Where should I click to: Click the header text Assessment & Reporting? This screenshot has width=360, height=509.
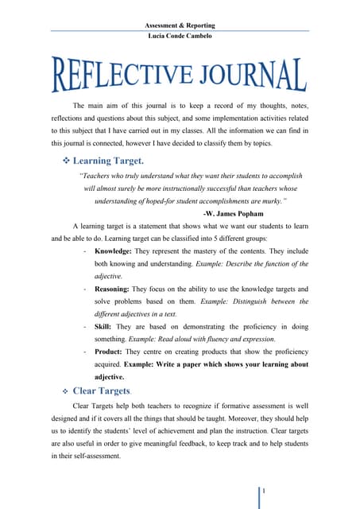pyautogui.click(x=180, y=25)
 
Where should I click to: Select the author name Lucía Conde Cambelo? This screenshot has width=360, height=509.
pyautogui.click(x=180, y=38)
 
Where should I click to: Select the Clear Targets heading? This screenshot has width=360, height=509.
pyautogui.click(x=102, y=391)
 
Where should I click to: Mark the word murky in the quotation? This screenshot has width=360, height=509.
pyautogui.click(x=274, y=201)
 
